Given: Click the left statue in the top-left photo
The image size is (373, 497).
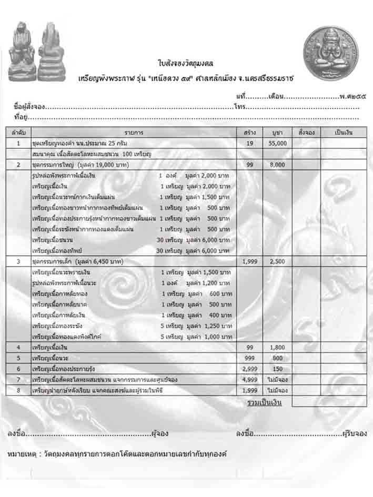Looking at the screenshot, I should point(22,52).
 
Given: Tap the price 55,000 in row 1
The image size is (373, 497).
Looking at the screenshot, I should point(278,143).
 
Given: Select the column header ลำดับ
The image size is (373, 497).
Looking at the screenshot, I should point(18,132).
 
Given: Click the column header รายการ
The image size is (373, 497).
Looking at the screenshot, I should point(134,132).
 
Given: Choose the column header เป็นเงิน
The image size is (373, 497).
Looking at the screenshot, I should point(343,132).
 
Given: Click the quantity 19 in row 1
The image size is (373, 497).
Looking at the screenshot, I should point(250,143).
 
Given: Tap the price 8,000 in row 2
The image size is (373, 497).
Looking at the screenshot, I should point(278,165).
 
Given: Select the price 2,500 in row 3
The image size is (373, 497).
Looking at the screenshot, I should point(278,261).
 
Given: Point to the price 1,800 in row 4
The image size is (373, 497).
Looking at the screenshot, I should point(278,348).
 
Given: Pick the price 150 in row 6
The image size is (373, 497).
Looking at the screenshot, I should point(278,369).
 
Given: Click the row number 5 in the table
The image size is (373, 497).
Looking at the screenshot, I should point(18,358).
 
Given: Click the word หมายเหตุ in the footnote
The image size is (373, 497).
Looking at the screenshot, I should point(22,453).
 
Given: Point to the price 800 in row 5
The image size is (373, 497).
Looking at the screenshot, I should point(278,358).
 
